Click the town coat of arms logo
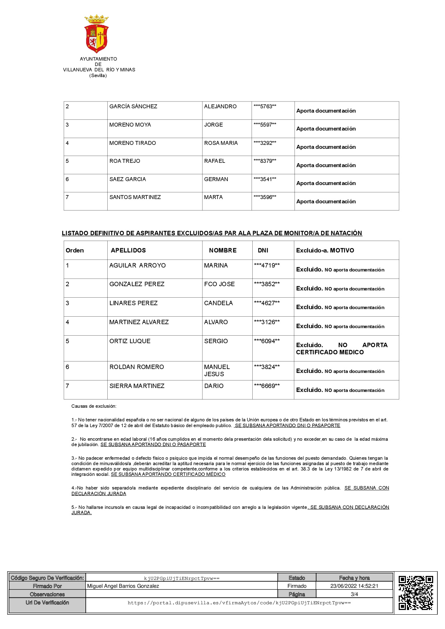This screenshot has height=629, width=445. (x=97, y=34)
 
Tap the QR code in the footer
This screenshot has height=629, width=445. (x=416, y=593)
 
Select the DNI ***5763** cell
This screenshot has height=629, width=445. (x=265, y=107)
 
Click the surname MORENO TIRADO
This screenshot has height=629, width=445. (x=132, y=143)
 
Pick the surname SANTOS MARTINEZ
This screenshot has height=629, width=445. (x=135, y=197)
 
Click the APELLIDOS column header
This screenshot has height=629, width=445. (x=128, y=250)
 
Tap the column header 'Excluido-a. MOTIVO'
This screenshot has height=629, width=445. (x=325, y=250)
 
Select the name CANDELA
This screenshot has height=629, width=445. (x=218, y=303)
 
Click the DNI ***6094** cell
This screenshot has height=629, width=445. (x=267, y=341)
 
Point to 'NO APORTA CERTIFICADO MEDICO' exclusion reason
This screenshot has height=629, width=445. (x=342, y=349)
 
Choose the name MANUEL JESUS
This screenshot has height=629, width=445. (x=216, y=370)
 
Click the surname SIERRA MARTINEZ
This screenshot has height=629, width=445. (x=137, y=386)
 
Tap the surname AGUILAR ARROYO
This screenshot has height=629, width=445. (x=137, y=265)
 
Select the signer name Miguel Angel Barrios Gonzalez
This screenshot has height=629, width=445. (x=123, y=586)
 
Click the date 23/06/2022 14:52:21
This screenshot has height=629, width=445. (x=354, y=586)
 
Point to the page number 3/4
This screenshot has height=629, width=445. (x=354, y=594)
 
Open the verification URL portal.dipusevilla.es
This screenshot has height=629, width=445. (x=239, y=603)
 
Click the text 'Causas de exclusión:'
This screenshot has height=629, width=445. (x=94, y=406)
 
